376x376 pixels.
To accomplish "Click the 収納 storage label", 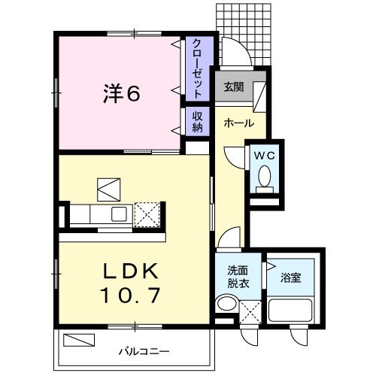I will pos(197,122).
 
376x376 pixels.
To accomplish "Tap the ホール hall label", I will pos(238,123).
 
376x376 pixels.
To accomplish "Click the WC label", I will pos(265,156).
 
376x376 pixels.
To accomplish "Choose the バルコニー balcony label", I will pos(143,351).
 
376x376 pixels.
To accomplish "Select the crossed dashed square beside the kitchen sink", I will pos(148,214).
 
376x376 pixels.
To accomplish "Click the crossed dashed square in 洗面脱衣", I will pos(252,311).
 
